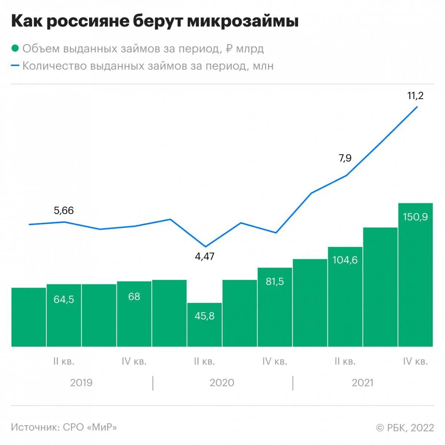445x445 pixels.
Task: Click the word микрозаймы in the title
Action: coord(243,22)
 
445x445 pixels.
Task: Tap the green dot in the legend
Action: coord(15,49)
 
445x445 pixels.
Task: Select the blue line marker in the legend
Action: coord(15,66)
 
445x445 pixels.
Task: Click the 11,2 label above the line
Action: coord(415,96)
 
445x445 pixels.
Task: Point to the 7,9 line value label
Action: coord(345,158)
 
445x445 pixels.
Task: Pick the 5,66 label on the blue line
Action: coord(64,211)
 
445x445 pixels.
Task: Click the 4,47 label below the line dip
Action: coord(205,256)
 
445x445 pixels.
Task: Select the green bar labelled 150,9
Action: coord(415,274)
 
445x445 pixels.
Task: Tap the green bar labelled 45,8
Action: coord(205,324)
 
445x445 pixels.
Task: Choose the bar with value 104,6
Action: coord(345,297)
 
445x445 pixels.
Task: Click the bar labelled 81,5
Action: coord(275,307)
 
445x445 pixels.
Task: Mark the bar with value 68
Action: coord(134,314)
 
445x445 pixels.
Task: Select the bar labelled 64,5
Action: coord(64,315)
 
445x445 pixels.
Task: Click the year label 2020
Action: coord(222,383)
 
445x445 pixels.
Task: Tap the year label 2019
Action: coord(81,383)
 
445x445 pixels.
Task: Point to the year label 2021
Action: coord(363,383)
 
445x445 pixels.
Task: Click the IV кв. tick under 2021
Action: coord(415,361)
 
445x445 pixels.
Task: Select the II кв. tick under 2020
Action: coord(204,361)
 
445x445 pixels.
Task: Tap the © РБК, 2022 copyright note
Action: coord(405,428)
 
